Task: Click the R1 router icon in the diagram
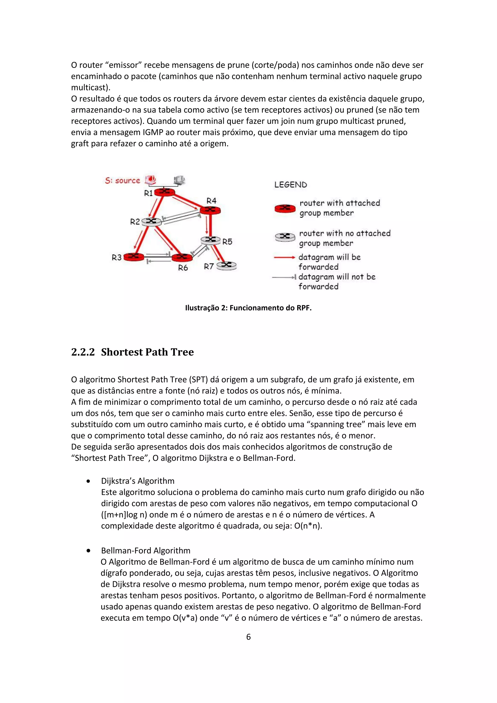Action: coord(164,192)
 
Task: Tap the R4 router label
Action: coord(211,201)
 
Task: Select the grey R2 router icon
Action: coord(151,222)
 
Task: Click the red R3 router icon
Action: coord(133,257)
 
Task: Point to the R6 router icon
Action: coord(182,257)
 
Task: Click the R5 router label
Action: coord(227,242)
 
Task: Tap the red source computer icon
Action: coord(150,180)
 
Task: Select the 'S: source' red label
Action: coord(122,181)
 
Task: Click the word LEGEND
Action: coord(290,185)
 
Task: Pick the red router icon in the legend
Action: coord(285,208)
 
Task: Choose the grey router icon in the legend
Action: coord(285,237)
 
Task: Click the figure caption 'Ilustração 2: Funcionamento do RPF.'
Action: coord(248,308)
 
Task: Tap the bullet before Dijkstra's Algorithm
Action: coord(88,481)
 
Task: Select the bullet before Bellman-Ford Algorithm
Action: coord(88,551)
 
